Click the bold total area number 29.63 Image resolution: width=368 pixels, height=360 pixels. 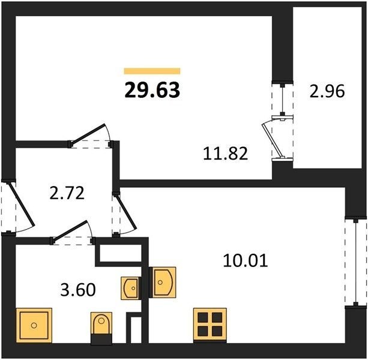pyautogui.click(x=152, y=90)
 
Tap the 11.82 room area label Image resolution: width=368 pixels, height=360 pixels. pyautogui.click(x=225, y=154)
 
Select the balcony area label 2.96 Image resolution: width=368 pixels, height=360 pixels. pyautogui.click(x=327, y=91)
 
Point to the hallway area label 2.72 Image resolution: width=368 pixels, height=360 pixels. pyautogui.click(x=67, y=193)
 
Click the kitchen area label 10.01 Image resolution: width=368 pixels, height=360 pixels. pyautogui.click(x=246, y=260)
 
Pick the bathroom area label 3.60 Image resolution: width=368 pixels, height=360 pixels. pyautogui.click(x=78, y=290)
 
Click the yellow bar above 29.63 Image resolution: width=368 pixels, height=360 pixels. pyautogui.click(x=152, y=71)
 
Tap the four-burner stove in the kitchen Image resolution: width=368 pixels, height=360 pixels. pyautogui.click(x=210, y=325)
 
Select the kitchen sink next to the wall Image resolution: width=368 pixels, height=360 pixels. pyautogui.click(x=163, y=282)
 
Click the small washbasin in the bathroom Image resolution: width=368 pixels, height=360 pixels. pyautogui.click(x=130, y=288)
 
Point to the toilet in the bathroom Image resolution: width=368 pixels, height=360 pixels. pyautogui.click(x=101, y=328)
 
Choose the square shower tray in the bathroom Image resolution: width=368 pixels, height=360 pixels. pyautogui.click(x=34, y=325)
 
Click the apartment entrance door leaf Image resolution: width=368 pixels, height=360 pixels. pyautogui.click(x=22, y=205)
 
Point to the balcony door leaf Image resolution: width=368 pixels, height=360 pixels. pyautogui.click(x=272, y=139)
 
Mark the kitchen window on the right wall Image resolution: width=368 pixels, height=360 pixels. pyautogui.click(x=356, y=264)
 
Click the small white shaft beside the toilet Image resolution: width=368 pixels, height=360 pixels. pyautogui.click(x=136, y=330)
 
